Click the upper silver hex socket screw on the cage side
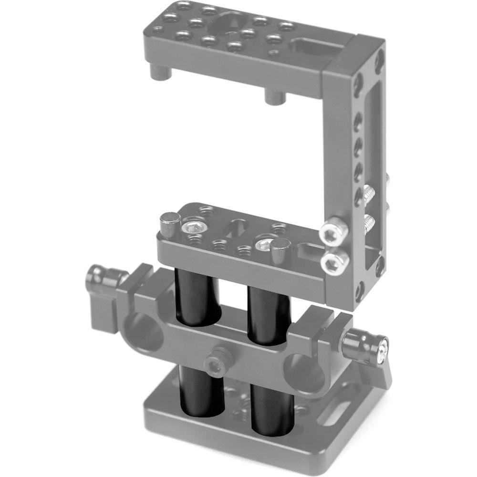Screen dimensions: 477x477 [333, 231]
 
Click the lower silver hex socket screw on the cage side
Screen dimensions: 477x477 [333, 261]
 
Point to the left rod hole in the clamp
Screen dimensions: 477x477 [143, 334]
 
